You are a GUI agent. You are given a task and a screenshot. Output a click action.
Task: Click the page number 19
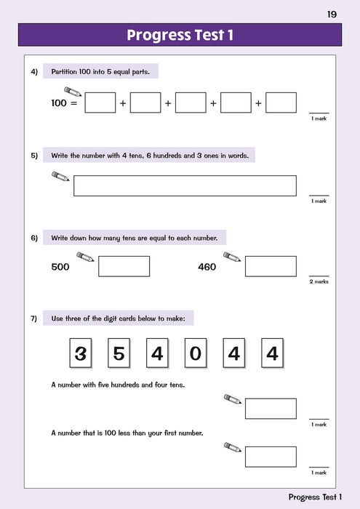pyautogui.click(x=332, y=14)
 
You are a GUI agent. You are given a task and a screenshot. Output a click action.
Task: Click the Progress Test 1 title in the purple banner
pyautogui.click(x=180, y=35)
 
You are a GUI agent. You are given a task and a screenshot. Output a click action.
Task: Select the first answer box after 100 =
pyautogui.click(x=100, y=103)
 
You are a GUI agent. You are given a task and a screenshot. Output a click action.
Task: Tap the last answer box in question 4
pyautogui.click(x=281, y=103)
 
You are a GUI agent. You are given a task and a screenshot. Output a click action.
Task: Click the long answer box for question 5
pyautogui.click(x=185, y=185)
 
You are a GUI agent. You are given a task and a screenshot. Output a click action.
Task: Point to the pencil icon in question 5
pyautogui.click(x=60, y=177)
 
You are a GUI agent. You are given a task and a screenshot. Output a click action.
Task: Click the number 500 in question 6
pyautogui.click(x=60, y=267)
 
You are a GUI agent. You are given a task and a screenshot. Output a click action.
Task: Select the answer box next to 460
pyautogui.click(x=271, y=266)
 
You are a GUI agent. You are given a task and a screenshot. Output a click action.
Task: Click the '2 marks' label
pyautogui.click(x=319, y=281)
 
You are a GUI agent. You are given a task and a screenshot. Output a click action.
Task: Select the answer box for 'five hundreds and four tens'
pyautogui.click(x=271, y=409)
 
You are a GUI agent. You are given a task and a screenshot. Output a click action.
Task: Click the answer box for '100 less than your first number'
pyautogui.click(x=271, y=457)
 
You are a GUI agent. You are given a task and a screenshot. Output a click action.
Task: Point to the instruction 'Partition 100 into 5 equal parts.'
pyautogui.click(x=101, y=71)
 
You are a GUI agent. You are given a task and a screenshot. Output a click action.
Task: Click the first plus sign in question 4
pyautogui.click(x=123, y=104)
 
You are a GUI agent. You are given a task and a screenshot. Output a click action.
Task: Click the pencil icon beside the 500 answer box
pyautogui.click(x=85, y=257)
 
